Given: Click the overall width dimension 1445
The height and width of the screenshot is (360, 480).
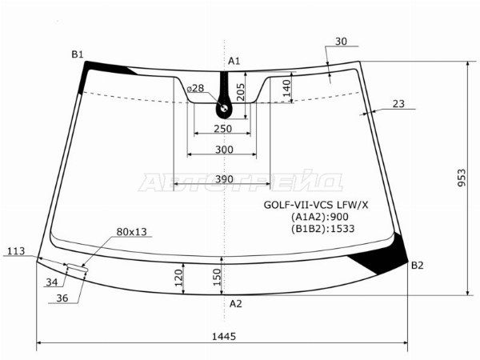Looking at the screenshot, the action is [x=224, y=337].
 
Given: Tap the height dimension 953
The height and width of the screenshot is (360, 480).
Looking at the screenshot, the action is [x=462, y=178].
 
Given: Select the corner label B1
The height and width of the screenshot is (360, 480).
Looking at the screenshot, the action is [x=78, y=54].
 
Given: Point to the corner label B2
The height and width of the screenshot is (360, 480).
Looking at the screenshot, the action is [x=417, y=266].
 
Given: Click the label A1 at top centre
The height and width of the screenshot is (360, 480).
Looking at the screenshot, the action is [x=234, y=62].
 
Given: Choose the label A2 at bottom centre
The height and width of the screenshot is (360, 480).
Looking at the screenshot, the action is [x=236, y=304].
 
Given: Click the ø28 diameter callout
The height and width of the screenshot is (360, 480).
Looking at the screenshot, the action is [x=195, y=89].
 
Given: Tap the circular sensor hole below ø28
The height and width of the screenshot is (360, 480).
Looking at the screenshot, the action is [x=224, y=108].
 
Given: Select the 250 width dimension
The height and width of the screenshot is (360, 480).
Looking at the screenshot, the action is [x=223, y=129].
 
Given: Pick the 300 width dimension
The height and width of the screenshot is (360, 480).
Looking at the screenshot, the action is [x=224, y=150].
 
